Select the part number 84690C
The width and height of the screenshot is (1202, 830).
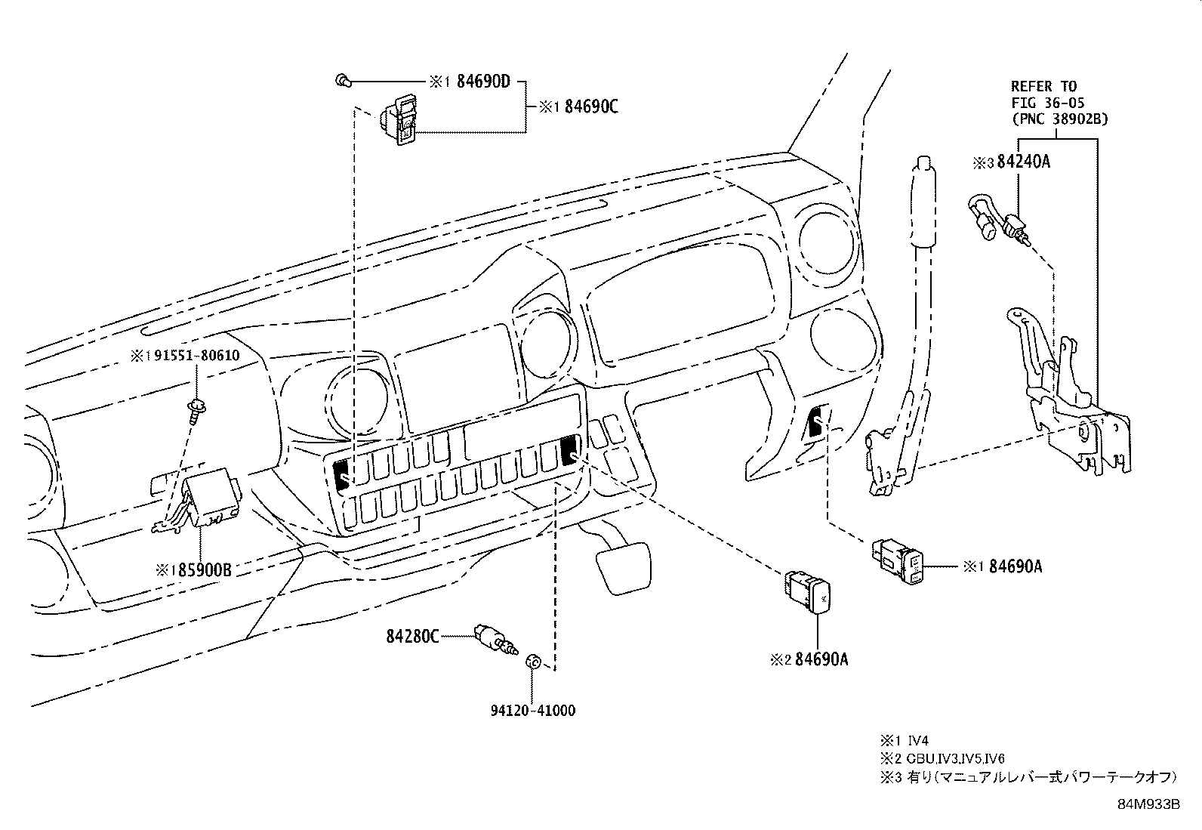point(591,107)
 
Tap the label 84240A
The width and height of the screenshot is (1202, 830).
point(1023,162)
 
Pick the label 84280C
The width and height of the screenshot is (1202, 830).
point(413,637)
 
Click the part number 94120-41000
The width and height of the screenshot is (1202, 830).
point(532,711)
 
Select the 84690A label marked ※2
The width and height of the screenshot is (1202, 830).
point(821,659)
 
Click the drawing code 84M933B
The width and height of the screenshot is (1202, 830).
point(1148,804)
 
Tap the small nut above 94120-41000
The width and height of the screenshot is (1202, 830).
point(532,662)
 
